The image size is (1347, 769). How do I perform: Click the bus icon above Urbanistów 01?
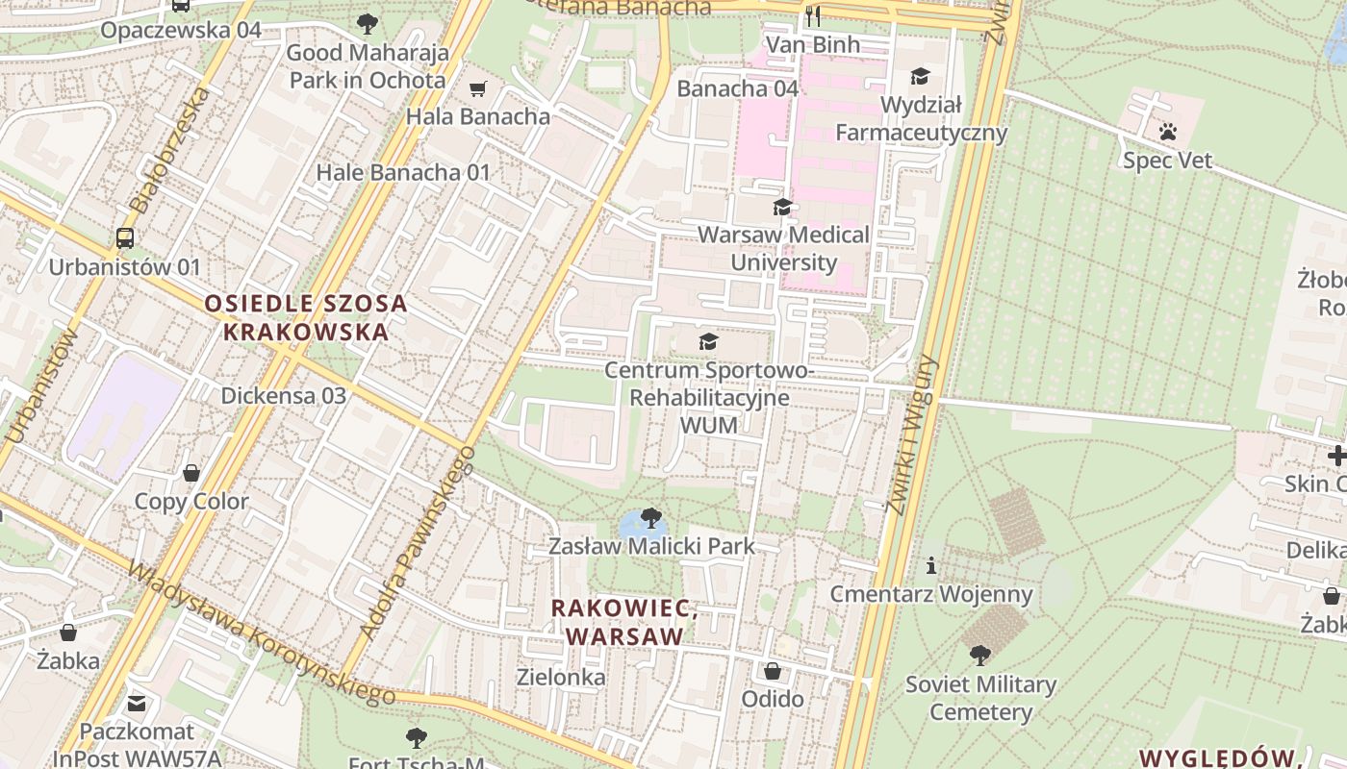point(124,237)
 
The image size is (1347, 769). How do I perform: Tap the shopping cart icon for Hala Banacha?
point(477,89)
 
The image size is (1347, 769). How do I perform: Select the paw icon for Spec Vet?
point(1168,132)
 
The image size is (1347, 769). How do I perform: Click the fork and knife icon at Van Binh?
point(813,16)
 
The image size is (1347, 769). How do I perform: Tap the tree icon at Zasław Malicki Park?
point(650,518)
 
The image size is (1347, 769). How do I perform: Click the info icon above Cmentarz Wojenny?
point(930,565)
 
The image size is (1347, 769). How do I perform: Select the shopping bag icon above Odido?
point(772,670)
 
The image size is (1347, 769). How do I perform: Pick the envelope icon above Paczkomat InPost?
point(137,704)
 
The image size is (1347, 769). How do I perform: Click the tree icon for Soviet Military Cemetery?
point(979,656)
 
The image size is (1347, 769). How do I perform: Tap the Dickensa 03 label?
point(283,395)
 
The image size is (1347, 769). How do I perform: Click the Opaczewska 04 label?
point(181,30)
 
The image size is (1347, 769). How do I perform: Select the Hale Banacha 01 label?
point(403,172)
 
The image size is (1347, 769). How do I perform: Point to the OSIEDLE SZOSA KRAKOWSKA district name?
point(306,318)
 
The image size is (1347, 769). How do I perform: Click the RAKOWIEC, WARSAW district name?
point(624,622)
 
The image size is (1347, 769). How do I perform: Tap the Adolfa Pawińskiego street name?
point(418,542)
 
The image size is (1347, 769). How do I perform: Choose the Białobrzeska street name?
point(170,150)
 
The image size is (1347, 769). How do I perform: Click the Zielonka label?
point(561,677)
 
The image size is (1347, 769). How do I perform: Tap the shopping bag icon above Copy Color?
point(191,473)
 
